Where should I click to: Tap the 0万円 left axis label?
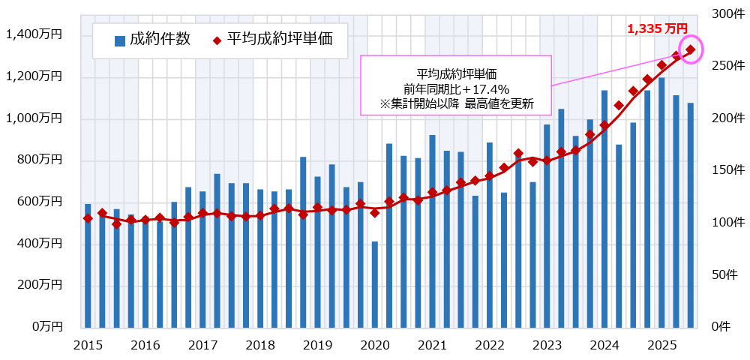coord(46,327)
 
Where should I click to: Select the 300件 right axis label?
coord(726,14)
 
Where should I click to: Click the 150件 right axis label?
coord(726,170)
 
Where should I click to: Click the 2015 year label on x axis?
coord(88,345)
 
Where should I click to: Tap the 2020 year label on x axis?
coord(375,345)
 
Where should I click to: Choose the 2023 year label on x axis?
coord(547,345)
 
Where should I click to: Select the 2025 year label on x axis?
coord(662,345)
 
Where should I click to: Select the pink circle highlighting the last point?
coord(690,49)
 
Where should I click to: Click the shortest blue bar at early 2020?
coord(375,284)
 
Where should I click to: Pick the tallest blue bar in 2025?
coord(661,202)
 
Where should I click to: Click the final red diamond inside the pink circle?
coord(690,50)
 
